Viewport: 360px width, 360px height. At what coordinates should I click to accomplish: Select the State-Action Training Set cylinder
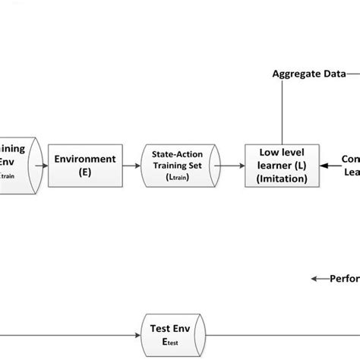(181, 166)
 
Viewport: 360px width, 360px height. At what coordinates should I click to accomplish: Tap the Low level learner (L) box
(281, 166)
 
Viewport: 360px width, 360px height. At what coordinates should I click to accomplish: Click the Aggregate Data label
(308, 74)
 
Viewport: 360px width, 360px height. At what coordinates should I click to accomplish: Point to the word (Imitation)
(281, 179)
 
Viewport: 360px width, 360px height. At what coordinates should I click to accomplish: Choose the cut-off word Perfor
(343, 278)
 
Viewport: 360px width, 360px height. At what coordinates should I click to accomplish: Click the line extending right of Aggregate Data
(353, 74)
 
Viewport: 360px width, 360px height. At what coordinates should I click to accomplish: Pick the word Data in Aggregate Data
(331, 74)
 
